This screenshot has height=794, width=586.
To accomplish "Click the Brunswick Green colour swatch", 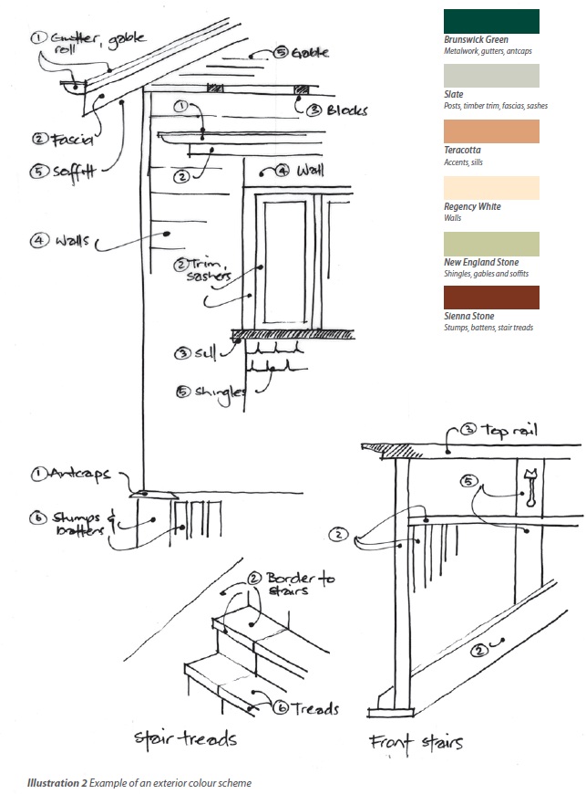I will click(x=490, y=21).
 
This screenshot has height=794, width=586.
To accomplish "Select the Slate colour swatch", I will click(x=490, y=76).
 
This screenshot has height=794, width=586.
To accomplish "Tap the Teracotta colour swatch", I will click(x=490, y=131).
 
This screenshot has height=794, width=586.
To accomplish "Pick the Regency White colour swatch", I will click(x=490, y=188).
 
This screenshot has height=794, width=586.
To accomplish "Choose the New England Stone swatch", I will click(x=490, y=244).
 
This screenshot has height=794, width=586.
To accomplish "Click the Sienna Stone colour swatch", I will click(x=490, y=298).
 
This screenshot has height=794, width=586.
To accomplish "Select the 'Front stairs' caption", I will click(x=416, y=741).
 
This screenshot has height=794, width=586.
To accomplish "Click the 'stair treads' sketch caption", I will click(x=185, y=737).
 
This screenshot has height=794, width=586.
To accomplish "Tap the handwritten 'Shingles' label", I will click(x=218, y=392).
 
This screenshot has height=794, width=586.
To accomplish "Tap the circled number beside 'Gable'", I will click(x=283, y=53).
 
